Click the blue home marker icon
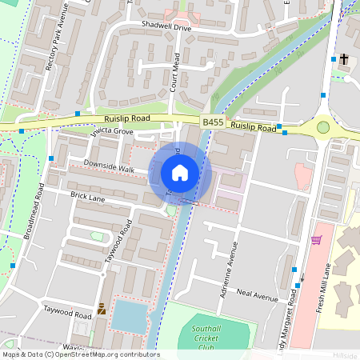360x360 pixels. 180,172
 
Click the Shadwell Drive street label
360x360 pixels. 166,27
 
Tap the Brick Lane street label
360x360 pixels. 89,195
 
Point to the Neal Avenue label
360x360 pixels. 257,298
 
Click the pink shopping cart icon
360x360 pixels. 316,239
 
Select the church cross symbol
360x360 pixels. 344,58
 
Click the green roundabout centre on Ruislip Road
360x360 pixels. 323,126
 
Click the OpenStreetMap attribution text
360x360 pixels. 80,354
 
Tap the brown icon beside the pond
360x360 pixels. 102,308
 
